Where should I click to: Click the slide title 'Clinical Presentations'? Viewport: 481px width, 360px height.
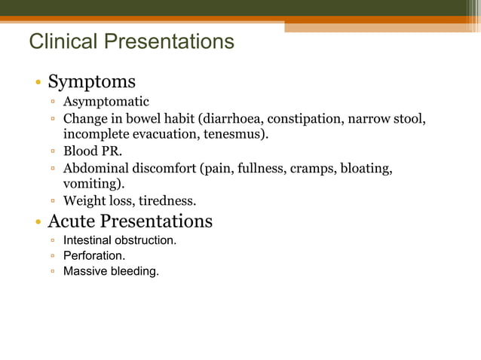pos(131,41)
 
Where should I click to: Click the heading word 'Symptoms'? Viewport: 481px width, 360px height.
pos(91,81)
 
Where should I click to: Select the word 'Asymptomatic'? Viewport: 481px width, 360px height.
pos(106,102)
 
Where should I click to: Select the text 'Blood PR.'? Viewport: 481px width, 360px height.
pos(92,151)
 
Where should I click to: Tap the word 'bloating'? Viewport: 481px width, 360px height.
pos(366,168)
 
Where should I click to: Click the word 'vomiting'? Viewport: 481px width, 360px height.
pos(91,184)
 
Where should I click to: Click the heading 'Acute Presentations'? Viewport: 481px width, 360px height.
pos(130,221)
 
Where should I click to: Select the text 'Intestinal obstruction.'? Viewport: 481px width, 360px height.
pos(120,240)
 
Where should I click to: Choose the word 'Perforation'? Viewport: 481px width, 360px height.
pos(93,255)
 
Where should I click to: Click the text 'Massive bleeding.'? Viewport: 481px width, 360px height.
pos(111,271)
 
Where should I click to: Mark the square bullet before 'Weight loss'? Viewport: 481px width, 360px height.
pos(54,201)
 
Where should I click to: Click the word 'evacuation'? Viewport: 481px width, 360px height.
pos(161,135)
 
